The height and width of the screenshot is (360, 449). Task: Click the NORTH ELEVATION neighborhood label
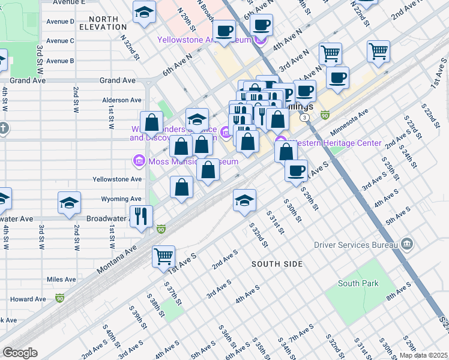tap(107, 22)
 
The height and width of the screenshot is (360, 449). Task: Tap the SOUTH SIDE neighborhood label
tap(277, 264)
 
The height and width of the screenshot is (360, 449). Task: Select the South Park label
tap(358, 284)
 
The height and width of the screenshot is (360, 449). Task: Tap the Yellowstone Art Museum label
tap(204, 40)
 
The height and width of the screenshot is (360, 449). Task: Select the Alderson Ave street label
tap(122, 100)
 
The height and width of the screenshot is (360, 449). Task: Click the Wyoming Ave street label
tap(121, 199)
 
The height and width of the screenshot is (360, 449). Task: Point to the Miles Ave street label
tap(61, 280)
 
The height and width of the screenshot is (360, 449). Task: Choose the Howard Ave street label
tap(28, 299)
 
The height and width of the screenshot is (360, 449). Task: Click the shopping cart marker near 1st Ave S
tap(163, 257)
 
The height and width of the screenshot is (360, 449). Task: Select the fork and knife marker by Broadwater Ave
tap(142, 217)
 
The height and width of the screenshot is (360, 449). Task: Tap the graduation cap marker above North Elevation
tap(144, 13)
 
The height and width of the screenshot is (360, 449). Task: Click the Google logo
tap(20, 353)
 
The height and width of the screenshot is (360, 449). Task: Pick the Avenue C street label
tap(60, 41)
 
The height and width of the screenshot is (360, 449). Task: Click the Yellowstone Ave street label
tap(117, 179)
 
